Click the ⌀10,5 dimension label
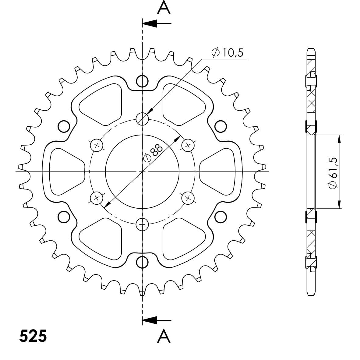pyautogui.click(x=227, y=53)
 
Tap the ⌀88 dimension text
pyautogui.click(x=153, y=154)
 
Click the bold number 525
pyautogui.click(x=33, y=336)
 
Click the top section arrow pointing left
pyautogui.click(x=157, y=23)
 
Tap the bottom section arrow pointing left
pyautogui.click(x=157, y=320)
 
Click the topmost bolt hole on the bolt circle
pyautogui.click(x=142, y=119)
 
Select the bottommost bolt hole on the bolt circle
pyautogui.click(x=142, y=224)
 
